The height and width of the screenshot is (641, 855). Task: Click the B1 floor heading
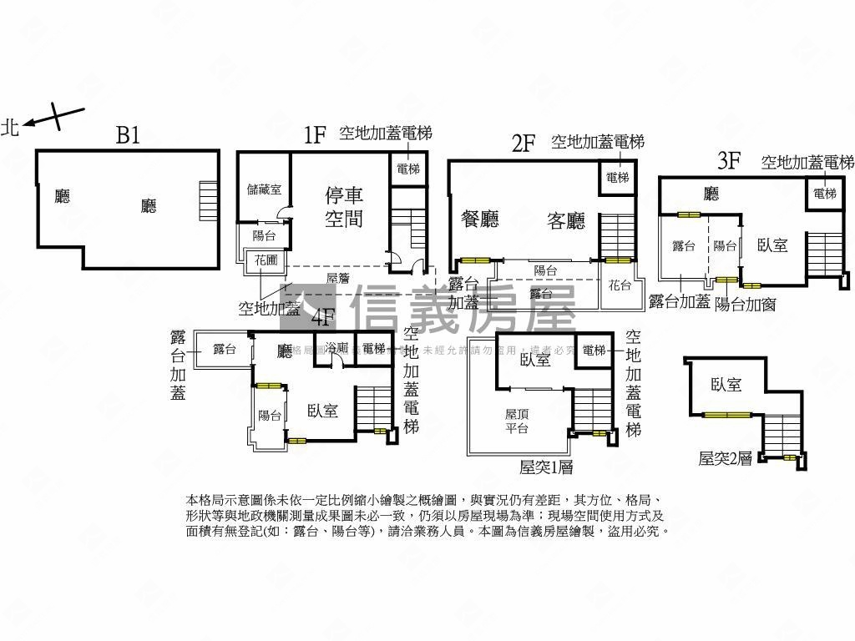(x=128, y=135)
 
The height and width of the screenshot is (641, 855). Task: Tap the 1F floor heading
(x=314, y=135)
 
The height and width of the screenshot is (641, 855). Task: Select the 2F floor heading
(x=523, y=143)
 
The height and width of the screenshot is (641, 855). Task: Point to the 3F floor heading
(x=729, y=159)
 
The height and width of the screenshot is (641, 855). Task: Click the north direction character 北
(x=11, y=127)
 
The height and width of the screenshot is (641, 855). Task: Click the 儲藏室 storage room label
(x=264, y=189)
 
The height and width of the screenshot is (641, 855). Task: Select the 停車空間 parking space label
(x=344, y=207)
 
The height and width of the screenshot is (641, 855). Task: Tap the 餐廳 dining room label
(x=480, y=220)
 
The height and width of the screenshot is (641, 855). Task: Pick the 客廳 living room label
(x=566, y=220)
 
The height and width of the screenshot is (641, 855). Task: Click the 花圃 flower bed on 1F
(x=266, y=260)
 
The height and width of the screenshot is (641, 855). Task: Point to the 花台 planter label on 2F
(x=620, y=285)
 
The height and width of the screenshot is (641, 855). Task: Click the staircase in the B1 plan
(x=208, y=199)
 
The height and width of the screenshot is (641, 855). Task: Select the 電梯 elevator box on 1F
(x=408, y=169)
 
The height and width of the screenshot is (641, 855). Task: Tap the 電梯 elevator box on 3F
(x=824, y=194)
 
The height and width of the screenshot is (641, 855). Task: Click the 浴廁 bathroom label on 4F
(x=337, y=347)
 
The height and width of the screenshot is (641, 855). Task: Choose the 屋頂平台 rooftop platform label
(x=517, y=421)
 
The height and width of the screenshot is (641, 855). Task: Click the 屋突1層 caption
(x=546, y=467)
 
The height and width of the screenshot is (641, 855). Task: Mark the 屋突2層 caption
(x=726, y=457)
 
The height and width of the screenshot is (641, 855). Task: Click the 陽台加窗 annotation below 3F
(x=746, y=304)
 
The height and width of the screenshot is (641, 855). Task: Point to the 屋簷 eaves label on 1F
(x=337, y=278)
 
